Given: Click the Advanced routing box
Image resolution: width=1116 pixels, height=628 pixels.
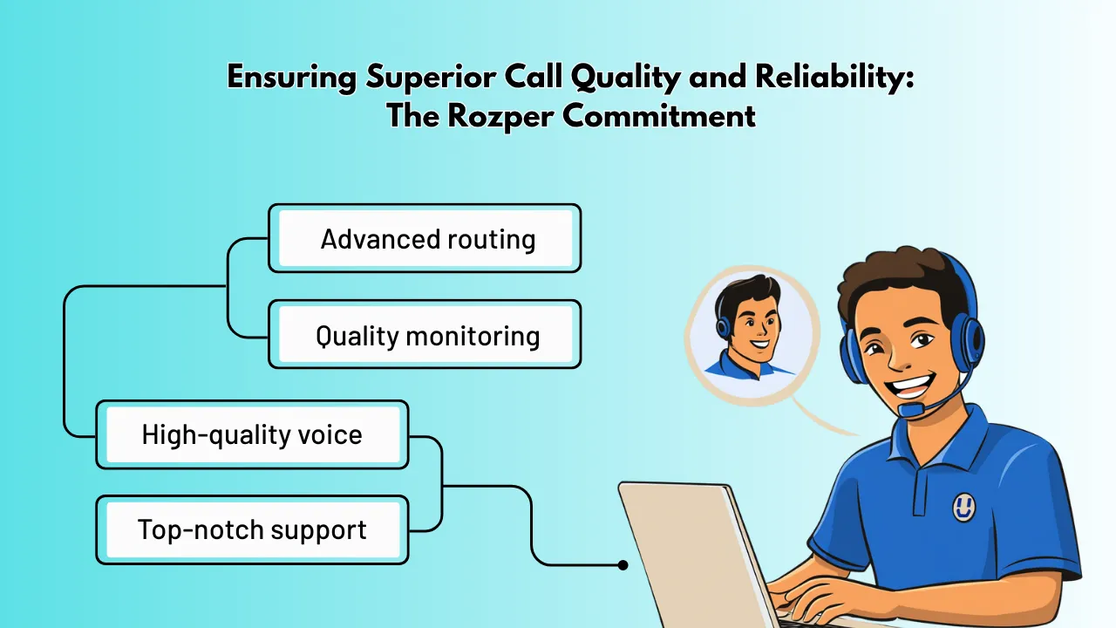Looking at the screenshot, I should point(425,238).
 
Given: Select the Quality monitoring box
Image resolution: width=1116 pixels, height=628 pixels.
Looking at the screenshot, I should point(425,335).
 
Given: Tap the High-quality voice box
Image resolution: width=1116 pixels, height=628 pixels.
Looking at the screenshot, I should point(252,434).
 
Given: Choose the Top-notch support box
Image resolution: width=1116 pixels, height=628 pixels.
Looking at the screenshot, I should point(252,530).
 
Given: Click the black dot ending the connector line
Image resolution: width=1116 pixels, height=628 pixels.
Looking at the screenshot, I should point(623,565).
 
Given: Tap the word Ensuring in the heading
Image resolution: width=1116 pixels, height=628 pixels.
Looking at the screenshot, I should point(289,77).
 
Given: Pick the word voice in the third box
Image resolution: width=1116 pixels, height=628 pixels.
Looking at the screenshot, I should point(330,434).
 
